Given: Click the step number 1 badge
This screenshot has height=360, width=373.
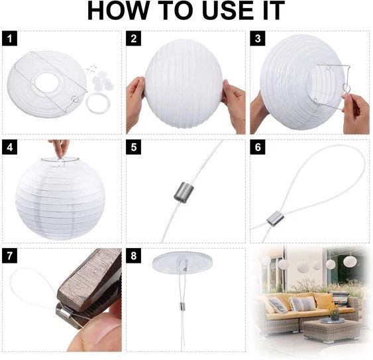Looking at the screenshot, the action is [x=9, y=38].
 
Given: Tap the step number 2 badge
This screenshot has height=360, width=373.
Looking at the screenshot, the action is [x=133, y=38].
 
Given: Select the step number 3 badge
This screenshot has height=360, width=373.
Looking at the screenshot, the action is [x=258, y=38].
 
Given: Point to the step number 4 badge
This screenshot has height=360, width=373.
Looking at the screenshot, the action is [x=9, y=148].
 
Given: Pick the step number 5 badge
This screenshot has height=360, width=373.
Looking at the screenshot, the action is [x=133, y=148].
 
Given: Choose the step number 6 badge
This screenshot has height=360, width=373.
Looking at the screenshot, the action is [x=258, y=148].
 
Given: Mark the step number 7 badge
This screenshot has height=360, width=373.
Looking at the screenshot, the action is [x=9, y=256].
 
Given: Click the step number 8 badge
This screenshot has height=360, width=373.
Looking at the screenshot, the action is [x=133, y=256].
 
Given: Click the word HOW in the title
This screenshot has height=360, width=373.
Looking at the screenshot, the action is [x=118, y=11].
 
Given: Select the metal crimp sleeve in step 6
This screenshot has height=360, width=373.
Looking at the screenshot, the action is [x=276, y=218].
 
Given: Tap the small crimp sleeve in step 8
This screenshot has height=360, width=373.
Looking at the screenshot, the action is [x=182, y=306].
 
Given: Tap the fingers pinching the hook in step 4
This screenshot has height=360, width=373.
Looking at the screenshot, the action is [x=59, y=148].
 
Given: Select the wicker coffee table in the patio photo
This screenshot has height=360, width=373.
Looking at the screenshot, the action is [x=330, y=330].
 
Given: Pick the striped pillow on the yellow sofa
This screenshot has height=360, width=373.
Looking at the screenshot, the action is [x=302, y=304].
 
